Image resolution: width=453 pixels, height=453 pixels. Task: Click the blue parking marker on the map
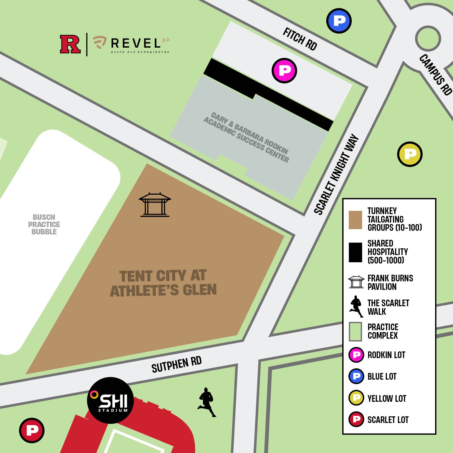point(339,21)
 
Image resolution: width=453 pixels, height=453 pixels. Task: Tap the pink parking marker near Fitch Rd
point(284,71)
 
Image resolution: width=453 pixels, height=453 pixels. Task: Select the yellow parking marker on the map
point(410,154)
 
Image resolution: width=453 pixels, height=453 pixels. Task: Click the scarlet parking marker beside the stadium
point(32,430)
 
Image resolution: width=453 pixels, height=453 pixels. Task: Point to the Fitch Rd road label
point(300,39)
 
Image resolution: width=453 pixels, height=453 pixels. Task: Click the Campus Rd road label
point(436,75)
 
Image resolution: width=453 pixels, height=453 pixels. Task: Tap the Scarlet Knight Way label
point(336,175)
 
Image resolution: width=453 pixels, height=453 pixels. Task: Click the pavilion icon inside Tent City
point(155,205)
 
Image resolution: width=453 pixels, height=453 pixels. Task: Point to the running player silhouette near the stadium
point(207,402)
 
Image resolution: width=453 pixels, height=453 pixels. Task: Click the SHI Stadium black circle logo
point(110,400)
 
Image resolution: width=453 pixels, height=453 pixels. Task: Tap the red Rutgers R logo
point(70,44)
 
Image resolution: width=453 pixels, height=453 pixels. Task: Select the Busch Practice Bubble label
point(44,224)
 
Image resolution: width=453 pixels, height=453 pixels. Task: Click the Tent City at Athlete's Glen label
point(163,283)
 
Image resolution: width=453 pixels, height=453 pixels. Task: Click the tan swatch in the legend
point(355,220)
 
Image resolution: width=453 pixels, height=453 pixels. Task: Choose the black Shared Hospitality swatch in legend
point(355,252)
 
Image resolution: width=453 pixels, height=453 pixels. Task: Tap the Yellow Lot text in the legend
point(387,398)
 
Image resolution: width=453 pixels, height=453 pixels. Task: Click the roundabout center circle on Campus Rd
point(428,39)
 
